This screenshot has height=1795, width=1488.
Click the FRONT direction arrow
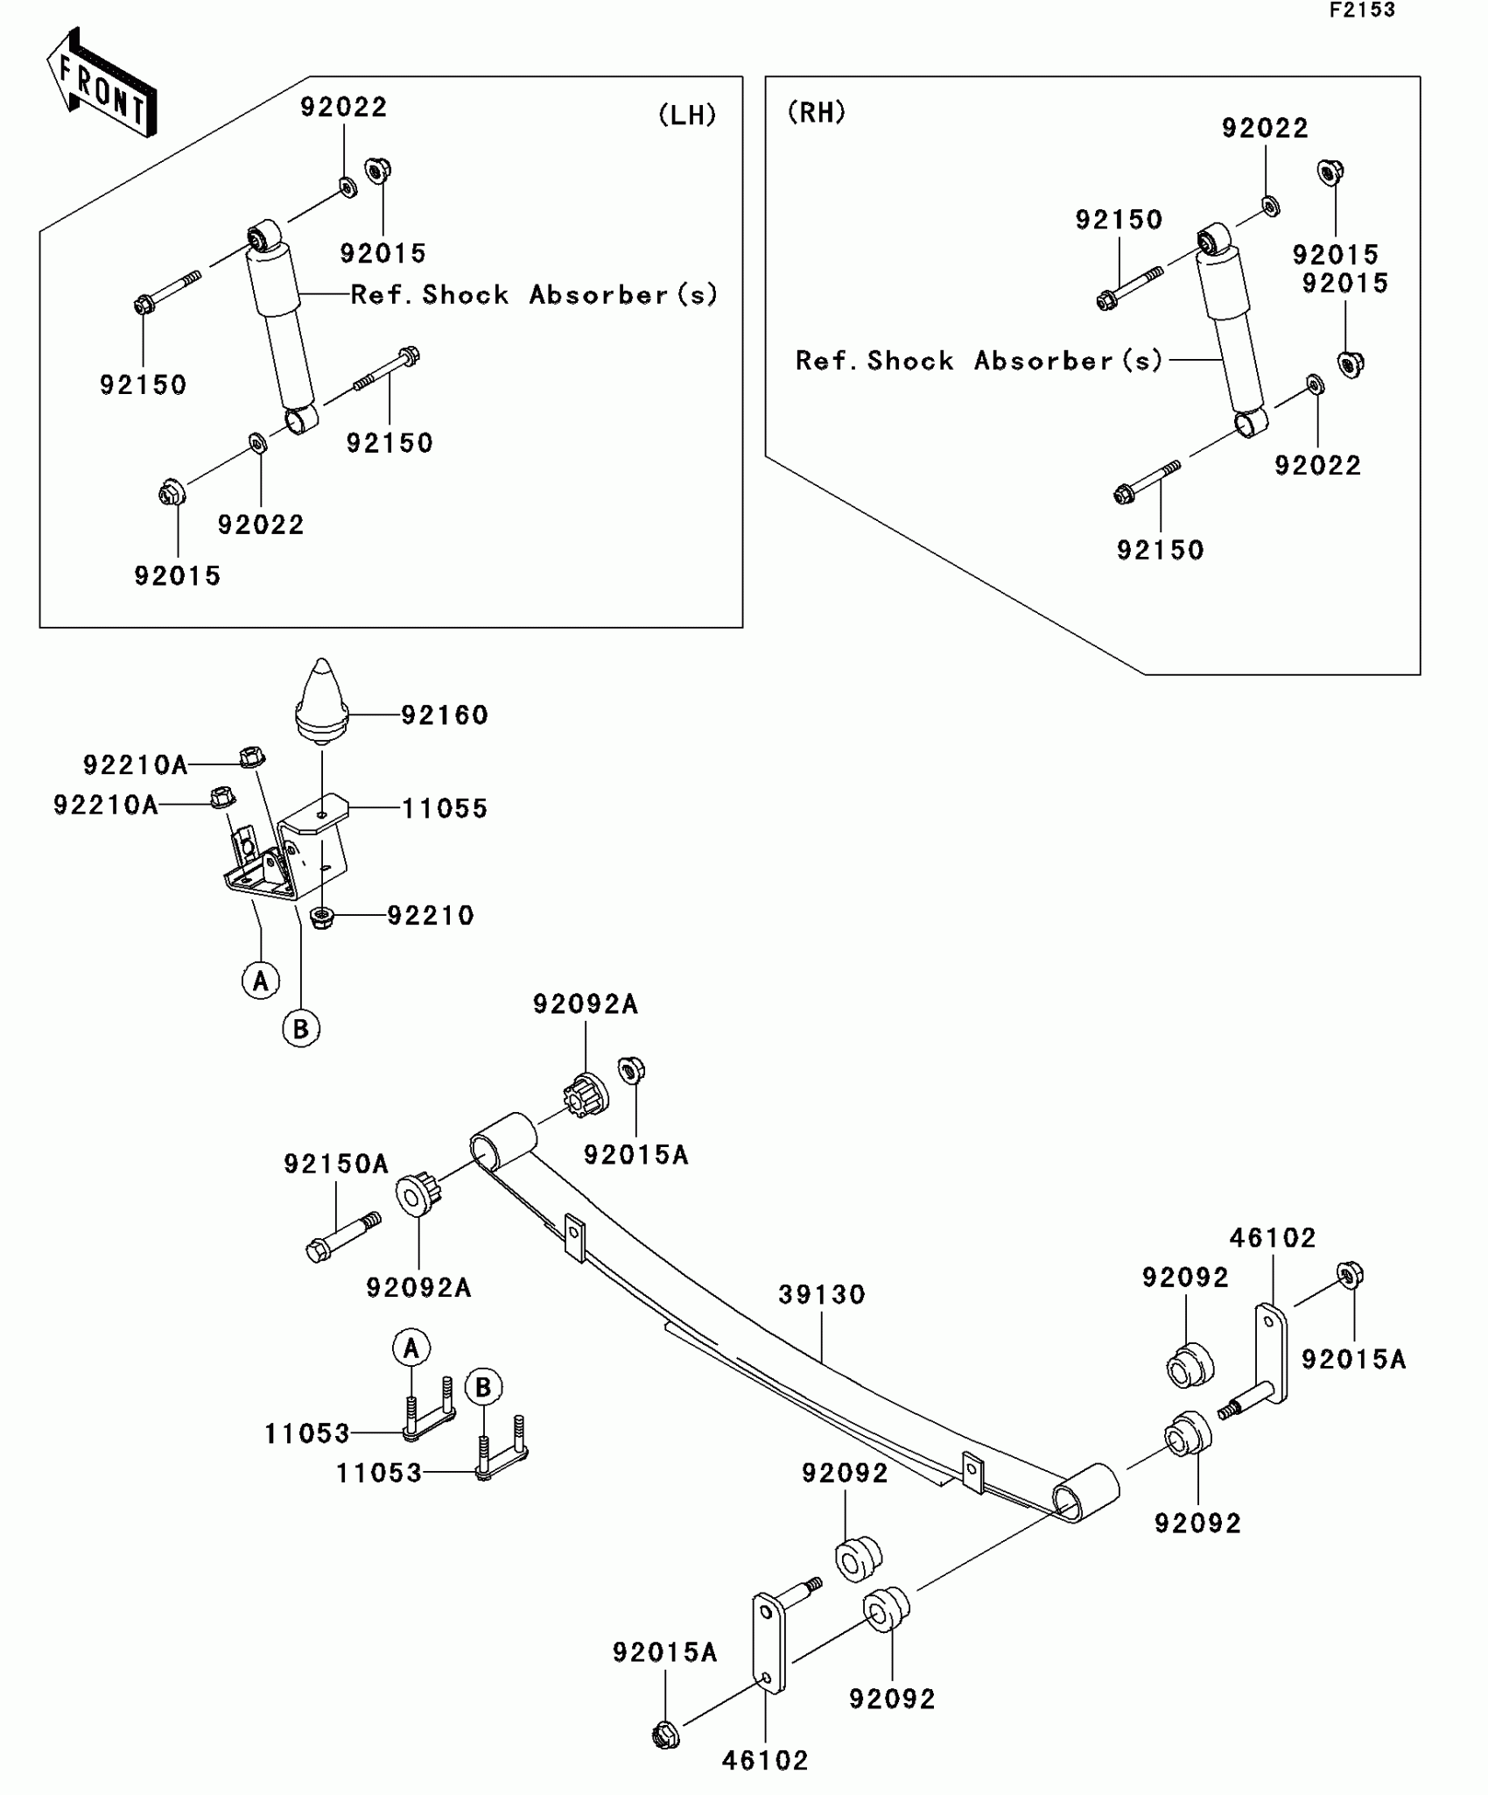click(101, 83)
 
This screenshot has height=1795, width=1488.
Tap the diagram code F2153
click(1362, 11)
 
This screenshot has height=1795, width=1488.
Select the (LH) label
click(687, 115)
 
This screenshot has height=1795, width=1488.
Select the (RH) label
click(817, 112)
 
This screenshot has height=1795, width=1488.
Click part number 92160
click(445, 715)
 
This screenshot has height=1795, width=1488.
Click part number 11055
click(445, 808)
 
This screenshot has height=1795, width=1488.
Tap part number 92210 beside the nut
click(431, 916)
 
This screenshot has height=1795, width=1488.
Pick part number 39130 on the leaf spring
click(822, 1294)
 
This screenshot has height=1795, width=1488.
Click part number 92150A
click(335, 1164)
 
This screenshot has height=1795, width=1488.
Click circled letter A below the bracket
click(260, 981)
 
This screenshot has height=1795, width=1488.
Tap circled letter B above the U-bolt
click(483, 1388)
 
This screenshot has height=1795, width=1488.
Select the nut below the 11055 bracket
click(322, 918)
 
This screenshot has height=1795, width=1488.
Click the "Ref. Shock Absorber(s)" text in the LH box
click(534, 295)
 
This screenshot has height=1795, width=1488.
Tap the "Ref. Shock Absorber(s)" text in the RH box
click(979, 361)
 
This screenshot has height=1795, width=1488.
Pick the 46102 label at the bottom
click(765, 1760)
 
